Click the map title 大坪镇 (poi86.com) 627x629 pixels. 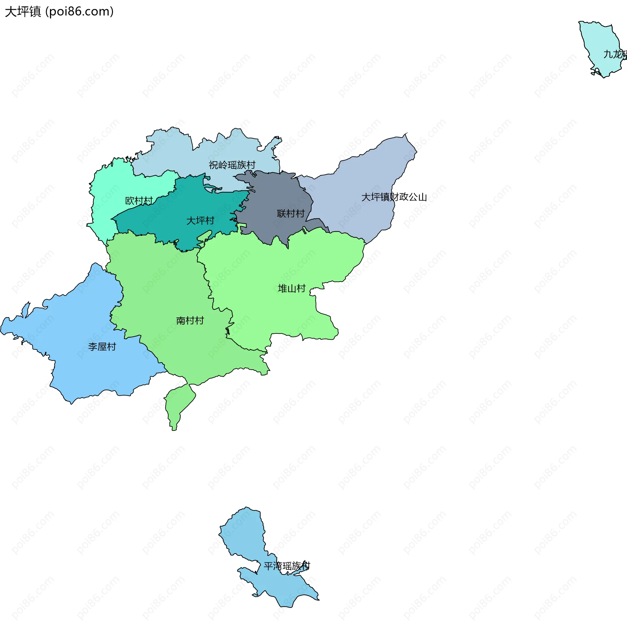(59, 11)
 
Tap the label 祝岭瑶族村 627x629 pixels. (232, 165)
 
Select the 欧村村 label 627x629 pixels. (139, 201)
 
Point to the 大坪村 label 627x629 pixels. (200, 221)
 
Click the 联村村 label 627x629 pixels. (290, 214)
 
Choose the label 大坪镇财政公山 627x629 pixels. (394, 197)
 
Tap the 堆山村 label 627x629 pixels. (291, 288)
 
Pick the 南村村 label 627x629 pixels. (190, 320)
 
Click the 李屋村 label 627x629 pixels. (102, 347)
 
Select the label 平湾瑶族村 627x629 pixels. (287, 566)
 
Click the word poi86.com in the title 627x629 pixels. (79, 11)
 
